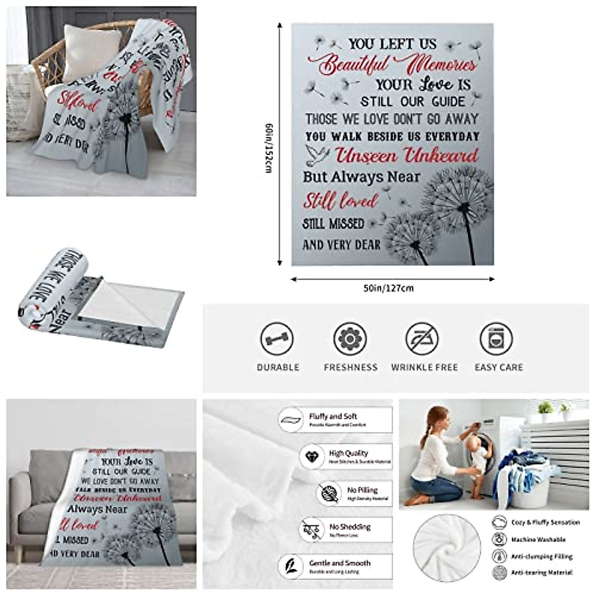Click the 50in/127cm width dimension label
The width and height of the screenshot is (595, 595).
pos(388,288)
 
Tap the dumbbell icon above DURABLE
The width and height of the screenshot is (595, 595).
pos(277,340)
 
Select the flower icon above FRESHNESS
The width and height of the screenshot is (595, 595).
pos(350,340)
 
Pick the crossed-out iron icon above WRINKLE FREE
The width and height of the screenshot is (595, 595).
pos(422,340)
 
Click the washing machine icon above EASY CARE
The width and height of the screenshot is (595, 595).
pos(496,340)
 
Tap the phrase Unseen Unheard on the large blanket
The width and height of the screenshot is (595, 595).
pos(407,155)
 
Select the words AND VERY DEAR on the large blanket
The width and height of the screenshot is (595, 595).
pos(342,244)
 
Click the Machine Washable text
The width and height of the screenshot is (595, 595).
pos(538,539)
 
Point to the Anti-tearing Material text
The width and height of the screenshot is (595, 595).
pos(542,573)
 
